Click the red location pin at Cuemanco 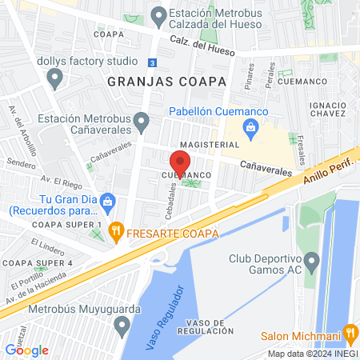(x=179, y=160)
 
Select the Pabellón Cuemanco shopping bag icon (x=251, y=126)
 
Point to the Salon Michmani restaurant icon (x=350, y=332)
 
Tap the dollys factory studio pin (x=55, y=78)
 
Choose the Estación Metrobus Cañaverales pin (x=142, y=122)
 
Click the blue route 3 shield (x=153, y=62)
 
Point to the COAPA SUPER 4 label (x=37, y=262)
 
